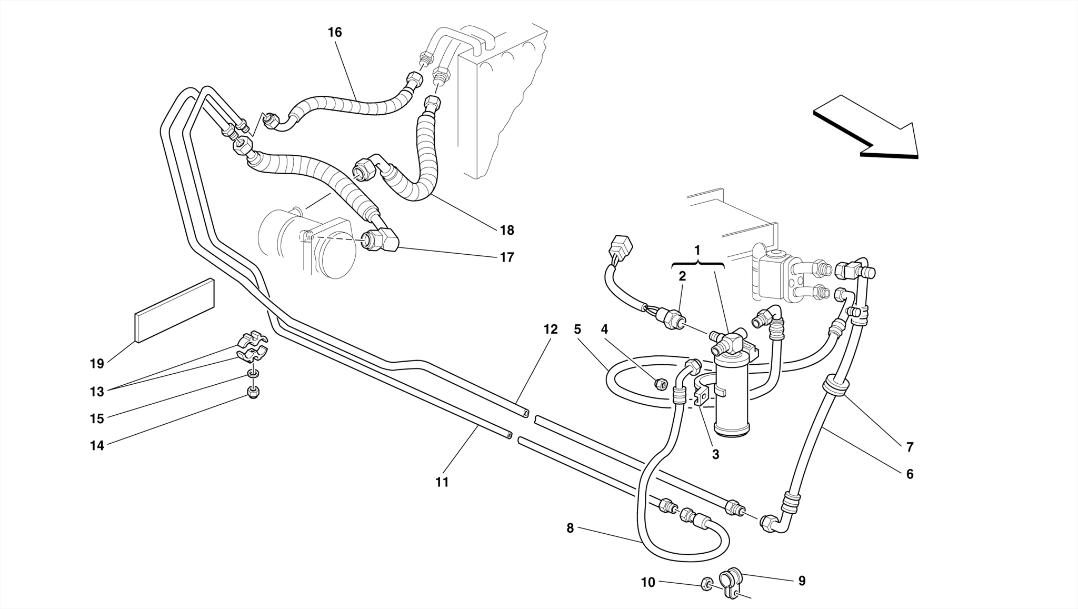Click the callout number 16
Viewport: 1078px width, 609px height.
[x=335, y=33]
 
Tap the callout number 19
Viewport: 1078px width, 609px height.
[x=97, y=363]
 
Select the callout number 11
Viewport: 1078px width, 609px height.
[x=442, y=482]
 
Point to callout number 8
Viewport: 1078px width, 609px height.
[x=570, y=528]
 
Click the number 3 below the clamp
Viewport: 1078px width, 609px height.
[x=715, y=454]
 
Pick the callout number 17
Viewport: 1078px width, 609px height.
[x=506, y=257]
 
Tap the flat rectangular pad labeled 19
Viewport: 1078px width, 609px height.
[x=175, y=311]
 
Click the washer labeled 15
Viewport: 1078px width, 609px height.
[x=253, y=374]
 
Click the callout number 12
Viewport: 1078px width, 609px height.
[x=550, y=330]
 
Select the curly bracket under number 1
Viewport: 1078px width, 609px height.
[x=698, y=264]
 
